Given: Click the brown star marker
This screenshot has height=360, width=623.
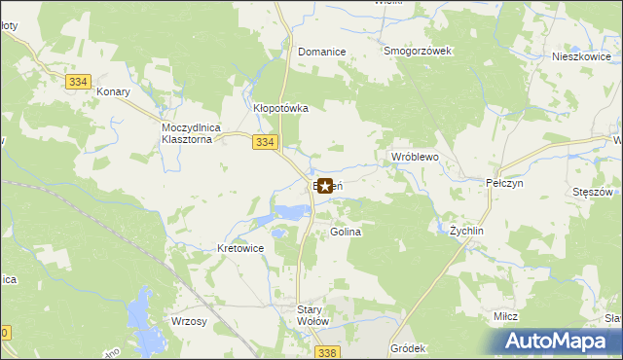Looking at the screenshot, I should [324, 185].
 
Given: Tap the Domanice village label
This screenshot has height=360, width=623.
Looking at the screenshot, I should [322, 52].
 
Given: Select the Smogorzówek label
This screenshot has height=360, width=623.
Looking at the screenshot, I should [419, 52].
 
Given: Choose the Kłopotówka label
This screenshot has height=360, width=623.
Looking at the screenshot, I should [280, 109].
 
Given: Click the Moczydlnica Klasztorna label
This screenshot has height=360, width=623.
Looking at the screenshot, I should [193, 133].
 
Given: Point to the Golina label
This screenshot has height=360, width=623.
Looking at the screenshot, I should [346, 233].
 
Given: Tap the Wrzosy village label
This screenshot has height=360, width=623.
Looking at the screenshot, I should [188, 322].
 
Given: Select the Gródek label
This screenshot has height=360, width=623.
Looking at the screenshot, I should [408, 347].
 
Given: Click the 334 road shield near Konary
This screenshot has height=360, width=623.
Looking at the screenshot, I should [80, 83].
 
